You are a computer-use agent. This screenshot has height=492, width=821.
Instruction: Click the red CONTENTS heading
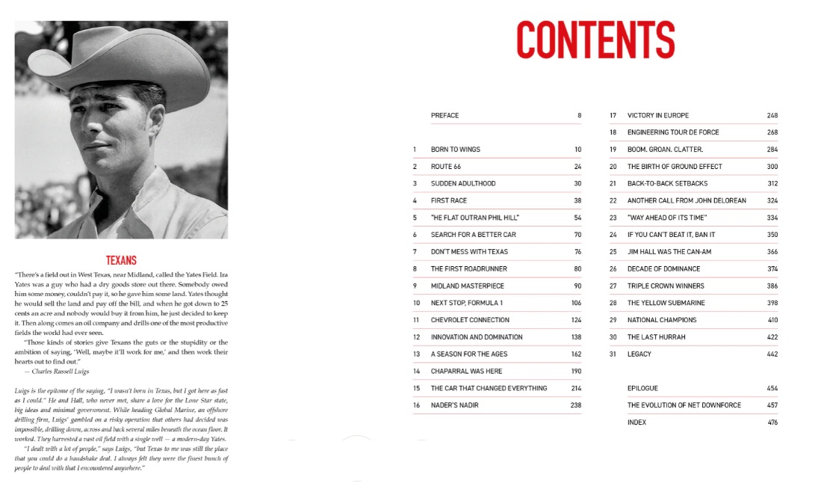595,40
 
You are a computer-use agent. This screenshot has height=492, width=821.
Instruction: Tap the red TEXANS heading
121,260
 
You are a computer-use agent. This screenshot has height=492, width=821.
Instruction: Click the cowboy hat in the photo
112,60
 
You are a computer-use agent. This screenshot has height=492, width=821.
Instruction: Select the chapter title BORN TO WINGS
455,150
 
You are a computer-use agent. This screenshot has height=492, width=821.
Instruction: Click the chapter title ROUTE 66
446,167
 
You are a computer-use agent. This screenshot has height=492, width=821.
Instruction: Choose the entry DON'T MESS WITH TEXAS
469,252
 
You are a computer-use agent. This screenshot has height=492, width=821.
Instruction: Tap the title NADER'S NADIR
454,405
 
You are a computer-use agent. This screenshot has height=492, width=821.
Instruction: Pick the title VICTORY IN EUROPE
658,116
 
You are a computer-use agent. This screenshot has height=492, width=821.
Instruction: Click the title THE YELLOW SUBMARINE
666,303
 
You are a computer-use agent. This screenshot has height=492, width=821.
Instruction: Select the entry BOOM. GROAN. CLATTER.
665,150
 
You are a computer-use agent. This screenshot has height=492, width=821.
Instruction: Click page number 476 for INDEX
772,422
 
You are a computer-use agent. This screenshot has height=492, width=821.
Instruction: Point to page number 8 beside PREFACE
579,116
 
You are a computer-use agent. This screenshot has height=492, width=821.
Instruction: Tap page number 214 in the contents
575,388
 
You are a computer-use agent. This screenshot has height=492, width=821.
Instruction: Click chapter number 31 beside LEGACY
613,354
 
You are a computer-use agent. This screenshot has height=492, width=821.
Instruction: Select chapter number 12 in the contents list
417,337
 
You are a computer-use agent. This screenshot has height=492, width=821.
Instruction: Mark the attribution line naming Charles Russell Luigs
58,371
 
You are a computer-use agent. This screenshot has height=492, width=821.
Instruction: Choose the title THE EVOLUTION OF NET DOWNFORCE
684,405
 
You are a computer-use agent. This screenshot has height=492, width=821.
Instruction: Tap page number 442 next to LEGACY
772,354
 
